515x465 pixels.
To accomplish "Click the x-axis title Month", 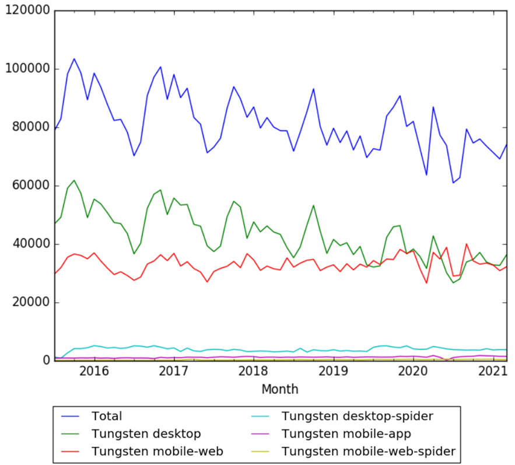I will (x=280, y=389).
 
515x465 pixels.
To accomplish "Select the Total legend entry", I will (x=107, y=416).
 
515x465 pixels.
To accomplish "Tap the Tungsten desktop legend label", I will (x=146, y=433).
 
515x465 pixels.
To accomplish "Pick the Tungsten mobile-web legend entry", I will (x=157, y=451).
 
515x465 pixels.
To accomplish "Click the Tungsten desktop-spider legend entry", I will (x=358, y=416).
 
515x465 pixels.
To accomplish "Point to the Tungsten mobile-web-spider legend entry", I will (x=368, y=451).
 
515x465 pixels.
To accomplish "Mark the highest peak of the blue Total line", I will (x=74, y=59).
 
